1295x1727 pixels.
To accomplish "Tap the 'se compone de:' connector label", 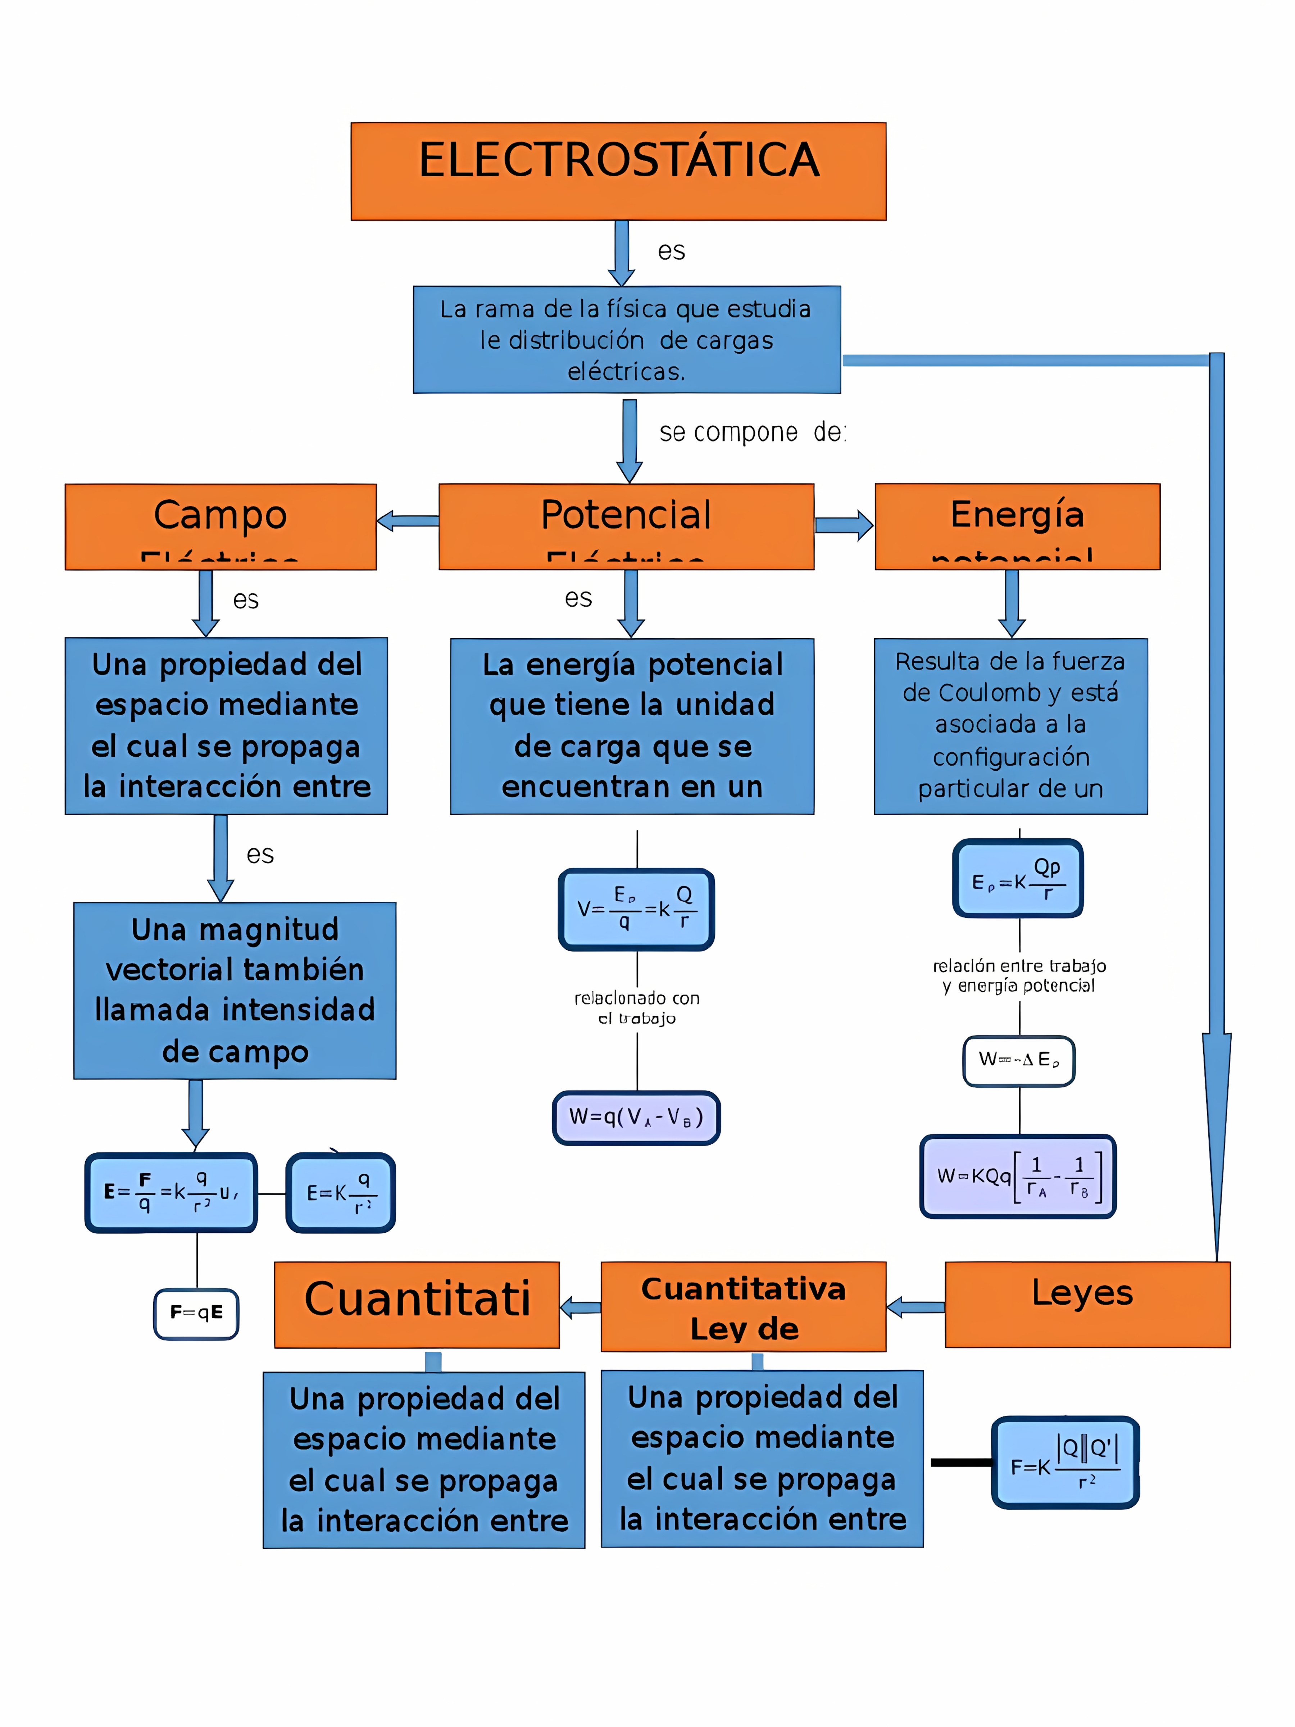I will (x=751, y=432).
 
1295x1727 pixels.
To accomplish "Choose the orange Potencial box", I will (x=626, y=526).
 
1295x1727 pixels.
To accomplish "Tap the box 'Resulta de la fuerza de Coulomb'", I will (x=1010, y=726).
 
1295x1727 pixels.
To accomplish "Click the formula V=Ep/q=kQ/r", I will (x=636, y=910).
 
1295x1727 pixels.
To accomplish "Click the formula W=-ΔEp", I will (x=1019, y=1060).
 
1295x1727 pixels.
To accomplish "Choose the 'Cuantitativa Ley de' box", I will (x=743, y=1306).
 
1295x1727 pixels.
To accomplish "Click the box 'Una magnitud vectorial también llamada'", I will (x=235, y=990).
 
